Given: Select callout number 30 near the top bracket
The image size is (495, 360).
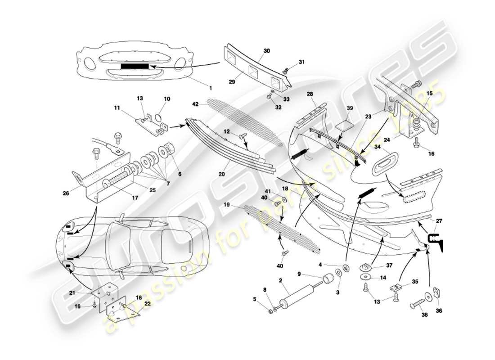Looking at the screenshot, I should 267,51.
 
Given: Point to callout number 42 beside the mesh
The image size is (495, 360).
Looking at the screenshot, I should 194,104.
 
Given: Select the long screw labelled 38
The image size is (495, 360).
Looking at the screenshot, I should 418,305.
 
